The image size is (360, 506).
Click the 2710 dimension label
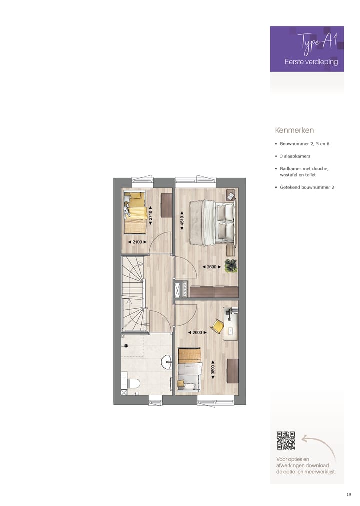coord(150,215)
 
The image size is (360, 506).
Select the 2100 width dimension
coord(137,242)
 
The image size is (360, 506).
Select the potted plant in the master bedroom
coord(231,265)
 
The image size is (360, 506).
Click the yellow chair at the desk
coord(218,326)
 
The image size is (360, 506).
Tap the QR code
coord(286,441)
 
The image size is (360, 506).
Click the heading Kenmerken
coord(294,130)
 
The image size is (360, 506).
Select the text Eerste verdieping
coord(311,62)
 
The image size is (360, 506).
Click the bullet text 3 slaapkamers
coord(295,156)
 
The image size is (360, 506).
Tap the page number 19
coord(348,494)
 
